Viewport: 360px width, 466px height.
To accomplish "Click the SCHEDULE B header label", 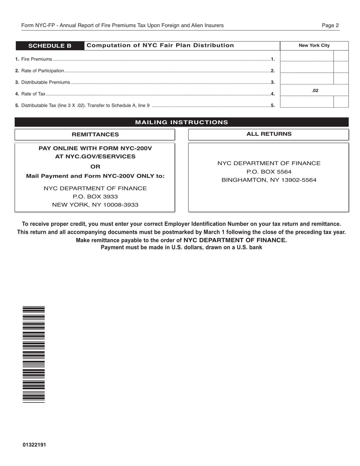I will [50, 46].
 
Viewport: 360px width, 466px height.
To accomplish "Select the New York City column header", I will [314, 45].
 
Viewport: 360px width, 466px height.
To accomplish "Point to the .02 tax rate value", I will [315, 91].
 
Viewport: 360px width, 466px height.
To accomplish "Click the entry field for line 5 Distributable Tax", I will [306, 102].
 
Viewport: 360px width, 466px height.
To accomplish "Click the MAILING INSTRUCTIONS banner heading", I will [182, 122].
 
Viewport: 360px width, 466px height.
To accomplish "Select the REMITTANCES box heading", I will [95, 134].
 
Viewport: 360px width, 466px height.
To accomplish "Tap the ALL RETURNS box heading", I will [269, 134].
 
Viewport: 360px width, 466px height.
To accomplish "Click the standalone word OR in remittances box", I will [95, 167].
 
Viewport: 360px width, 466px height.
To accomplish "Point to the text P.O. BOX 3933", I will [95, 197].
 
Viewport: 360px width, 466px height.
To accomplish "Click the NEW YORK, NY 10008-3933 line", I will [95, 205].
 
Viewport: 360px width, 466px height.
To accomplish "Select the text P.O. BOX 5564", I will [269, 172].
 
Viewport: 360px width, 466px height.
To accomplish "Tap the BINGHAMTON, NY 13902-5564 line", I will [269, 180].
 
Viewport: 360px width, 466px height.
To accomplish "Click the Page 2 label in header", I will [330, 25].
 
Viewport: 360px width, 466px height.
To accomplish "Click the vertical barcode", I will [34, 354].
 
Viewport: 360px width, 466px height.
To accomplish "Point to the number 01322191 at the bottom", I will [34, 445].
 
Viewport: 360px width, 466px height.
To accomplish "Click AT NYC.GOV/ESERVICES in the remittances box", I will [95, 156].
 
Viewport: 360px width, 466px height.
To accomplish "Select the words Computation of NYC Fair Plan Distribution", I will [160, 45].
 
